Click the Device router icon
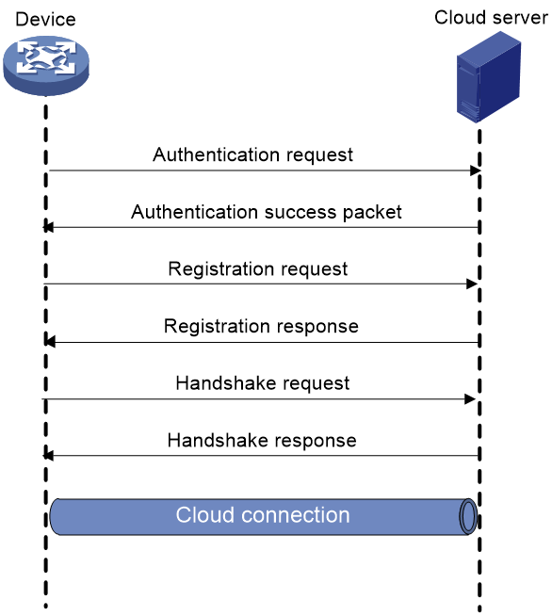point(46,66)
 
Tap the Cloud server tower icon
point(489,77)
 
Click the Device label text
point(45,19)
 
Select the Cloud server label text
point(491,18)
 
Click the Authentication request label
point(252,154)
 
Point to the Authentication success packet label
point(267,212)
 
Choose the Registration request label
point(258,269)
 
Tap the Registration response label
point(261,327)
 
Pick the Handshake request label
point(263,383)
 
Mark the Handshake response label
point(262,441)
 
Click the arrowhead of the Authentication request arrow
point(476,170)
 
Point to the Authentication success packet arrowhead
point(48,227)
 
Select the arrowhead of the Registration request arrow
point(472,284)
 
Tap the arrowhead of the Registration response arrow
point(50,342)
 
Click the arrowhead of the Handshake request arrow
point(470,399)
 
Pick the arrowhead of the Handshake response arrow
point(48,456)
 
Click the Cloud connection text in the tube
point(263,515)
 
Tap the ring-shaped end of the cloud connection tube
point(468,516)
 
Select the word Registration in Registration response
point(218,327)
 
